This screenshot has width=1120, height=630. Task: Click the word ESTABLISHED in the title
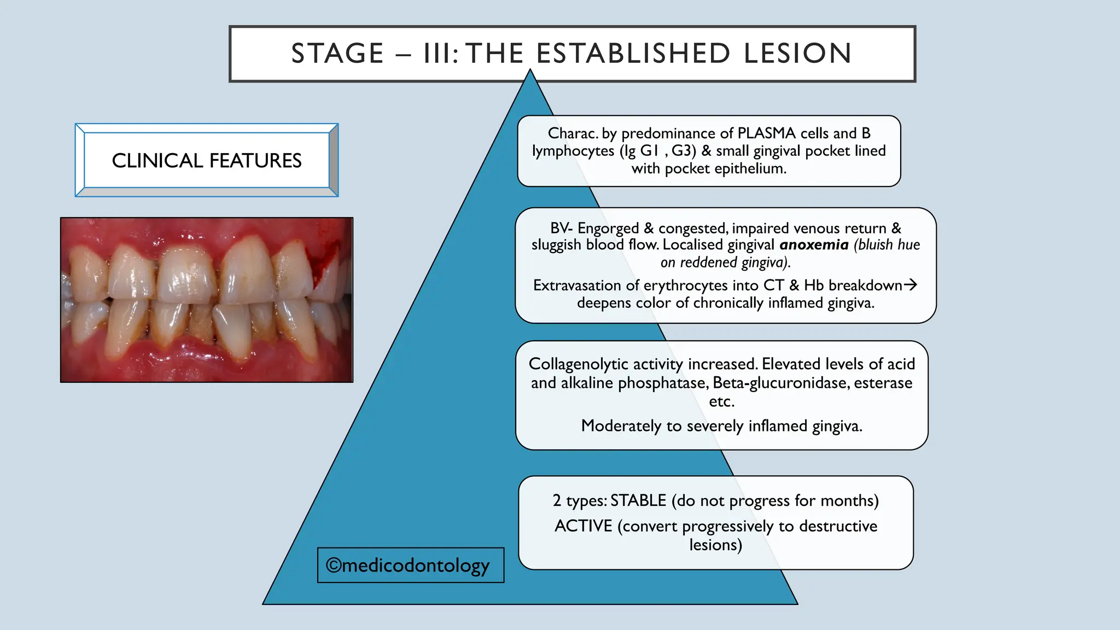(x=633, y=54)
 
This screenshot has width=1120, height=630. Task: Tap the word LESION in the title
(x=797, y=54)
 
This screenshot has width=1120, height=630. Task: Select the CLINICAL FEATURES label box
(x=207, y=160)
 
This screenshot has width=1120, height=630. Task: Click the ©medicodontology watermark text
(x=407, y=565)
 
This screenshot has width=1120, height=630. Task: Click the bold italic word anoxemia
(x=814, y=244)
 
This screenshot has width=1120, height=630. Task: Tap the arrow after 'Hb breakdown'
(x=910, y=284)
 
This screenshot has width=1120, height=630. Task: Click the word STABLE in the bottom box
(x=638, y=500)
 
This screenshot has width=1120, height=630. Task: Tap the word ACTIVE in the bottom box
(x=583, y=526)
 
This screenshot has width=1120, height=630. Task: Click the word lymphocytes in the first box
(x=573, y=151)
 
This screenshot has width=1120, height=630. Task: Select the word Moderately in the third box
(x=621, y=425)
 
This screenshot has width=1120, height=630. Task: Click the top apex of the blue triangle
(x=530, y=71)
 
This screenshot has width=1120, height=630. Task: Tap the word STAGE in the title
(x=337, y=54)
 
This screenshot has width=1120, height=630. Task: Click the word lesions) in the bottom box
(x=715, y=545)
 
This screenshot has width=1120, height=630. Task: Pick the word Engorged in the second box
(x=608, y=228)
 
